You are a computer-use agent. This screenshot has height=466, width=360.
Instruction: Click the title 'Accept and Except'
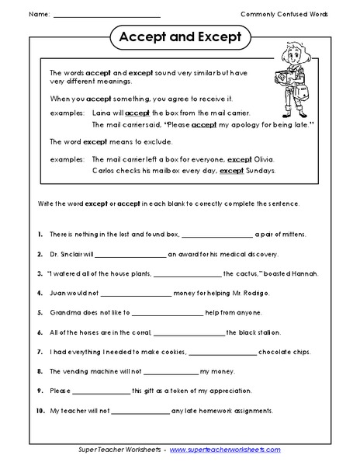[179, 37]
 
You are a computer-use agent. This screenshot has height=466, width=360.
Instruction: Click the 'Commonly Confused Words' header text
[283, 14]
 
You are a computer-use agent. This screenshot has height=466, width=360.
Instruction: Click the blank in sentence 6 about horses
[189, 333]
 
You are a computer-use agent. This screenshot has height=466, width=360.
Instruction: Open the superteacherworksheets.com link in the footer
[225, 450]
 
